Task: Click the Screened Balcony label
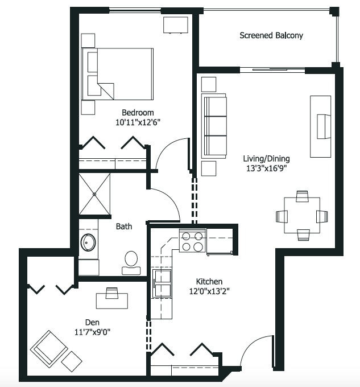coord(271,35)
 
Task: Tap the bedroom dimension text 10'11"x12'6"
coord(138,122)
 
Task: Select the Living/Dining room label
coord(266,158)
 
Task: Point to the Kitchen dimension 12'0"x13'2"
coord(209,291)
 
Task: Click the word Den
coord(92,322)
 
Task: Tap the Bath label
coord(124,227)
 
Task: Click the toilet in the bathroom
coord(131,263)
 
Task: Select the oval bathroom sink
coord(88,242)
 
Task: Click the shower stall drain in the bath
coord(94,194)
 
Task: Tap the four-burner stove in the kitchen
coord(192,240)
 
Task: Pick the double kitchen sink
coord(162,283)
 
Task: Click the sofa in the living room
coord(214,126)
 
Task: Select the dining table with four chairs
coord(302,215)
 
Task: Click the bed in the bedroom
coord(117,74)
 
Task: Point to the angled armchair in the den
coord(49,349)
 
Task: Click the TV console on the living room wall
coord(320,126)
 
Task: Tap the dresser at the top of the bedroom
coord(176,24)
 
